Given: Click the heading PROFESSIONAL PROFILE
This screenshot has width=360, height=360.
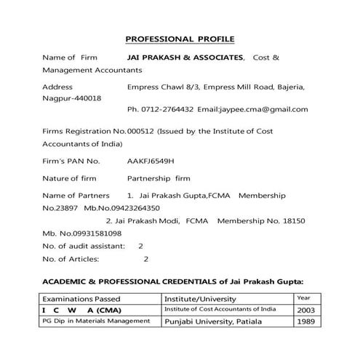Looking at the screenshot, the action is tap(180, 38).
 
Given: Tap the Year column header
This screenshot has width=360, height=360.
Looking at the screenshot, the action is tap(304, 297).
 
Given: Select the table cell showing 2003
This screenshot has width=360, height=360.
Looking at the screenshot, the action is tap(308, 310).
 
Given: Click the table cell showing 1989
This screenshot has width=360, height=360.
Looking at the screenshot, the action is tap(308, 322).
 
